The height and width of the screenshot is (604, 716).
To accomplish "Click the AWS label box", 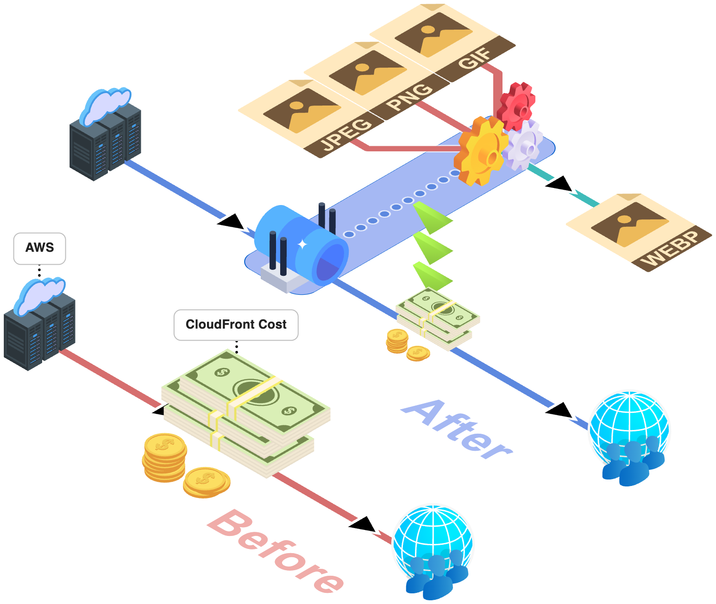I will coord(39,249).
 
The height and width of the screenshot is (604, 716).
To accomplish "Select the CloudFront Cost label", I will coord(236,325).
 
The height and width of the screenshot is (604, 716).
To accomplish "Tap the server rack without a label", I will coord(105,137).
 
